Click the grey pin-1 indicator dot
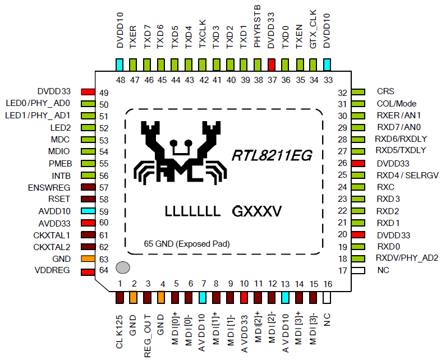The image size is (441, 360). click(123, 267)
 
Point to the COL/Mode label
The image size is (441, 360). click(397, 104)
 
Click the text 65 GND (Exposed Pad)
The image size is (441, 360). click(187, 244)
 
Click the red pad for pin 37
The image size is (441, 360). click(272, 63)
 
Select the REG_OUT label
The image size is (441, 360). click(148, 335)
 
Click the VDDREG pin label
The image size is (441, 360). click(52, 271)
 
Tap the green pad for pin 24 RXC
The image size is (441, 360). click(359, 187)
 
